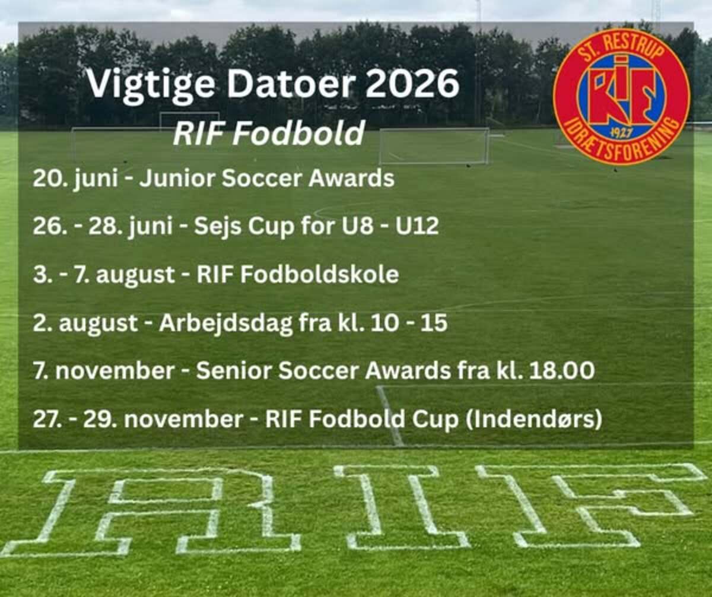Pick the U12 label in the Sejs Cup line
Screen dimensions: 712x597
417,226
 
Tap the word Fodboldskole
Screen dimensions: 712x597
320,274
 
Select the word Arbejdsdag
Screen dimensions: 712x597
225,323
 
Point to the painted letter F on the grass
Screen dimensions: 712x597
587,505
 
